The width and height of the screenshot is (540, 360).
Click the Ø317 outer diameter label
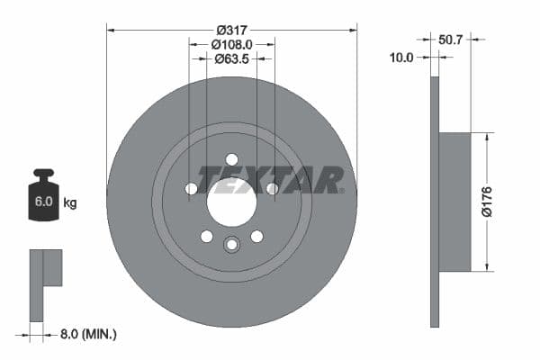(232, 28)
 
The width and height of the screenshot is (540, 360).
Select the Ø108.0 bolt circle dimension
(232, 43)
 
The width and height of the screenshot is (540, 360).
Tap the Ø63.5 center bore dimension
(232, 59)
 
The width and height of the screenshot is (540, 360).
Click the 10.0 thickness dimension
(402, 58)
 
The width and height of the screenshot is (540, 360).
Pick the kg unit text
(70, 202)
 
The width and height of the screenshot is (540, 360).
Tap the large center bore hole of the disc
(232, 202)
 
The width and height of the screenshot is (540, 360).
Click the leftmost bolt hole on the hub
(191, 189)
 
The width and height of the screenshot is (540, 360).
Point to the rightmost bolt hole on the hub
(273, 189)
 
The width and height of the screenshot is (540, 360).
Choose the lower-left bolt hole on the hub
(207, 237)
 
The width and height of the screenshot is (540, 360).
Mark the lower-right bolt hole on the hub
(257, 237)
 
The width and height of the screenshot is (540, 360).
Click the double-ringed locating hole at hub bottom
(232, 244)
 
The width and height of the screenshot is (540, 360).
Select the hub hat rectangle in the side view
(455, 202)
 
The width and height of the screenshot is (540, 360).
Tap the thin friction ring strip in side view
(435, 202)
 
